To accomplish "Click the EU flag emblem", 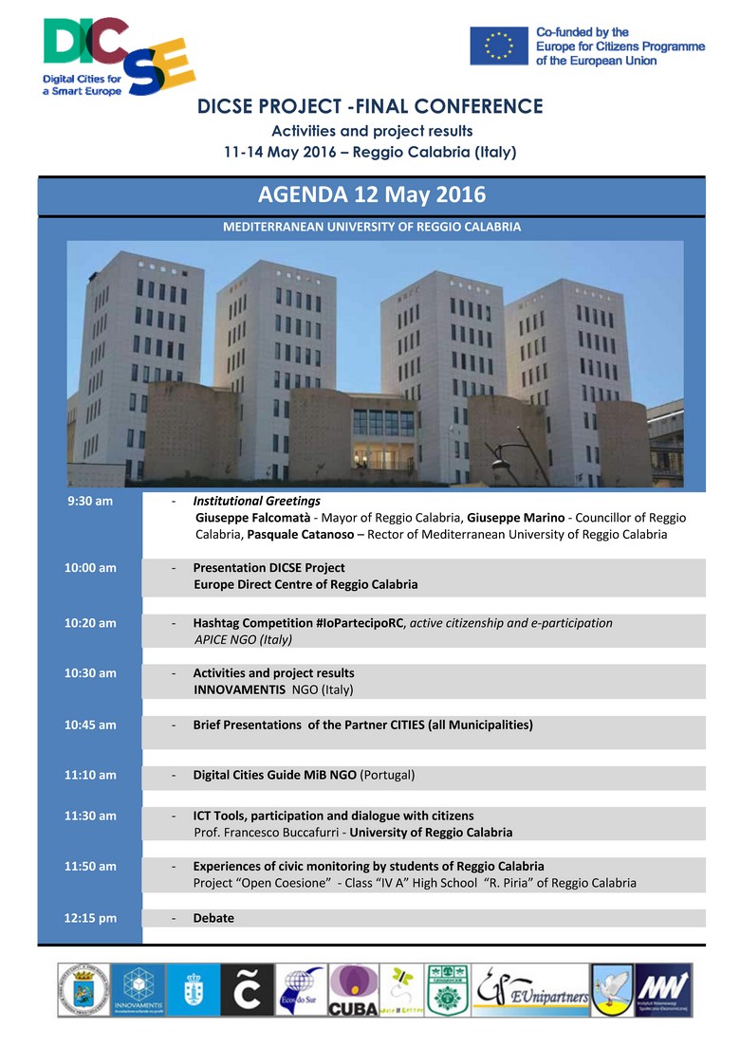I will [499, 45].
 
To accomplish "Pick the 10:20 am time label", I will [90, 623].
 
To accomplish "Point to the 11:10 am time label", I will [90, 775].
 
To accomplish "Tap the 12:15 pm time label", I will [90, 918].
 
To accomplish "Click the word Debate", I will [213, 918].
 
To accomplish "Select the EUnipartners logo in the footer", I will [530, 990].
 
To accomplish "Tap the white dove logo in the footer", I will [612, 990].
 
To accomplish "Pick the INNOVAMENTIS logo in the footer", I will [138, 990].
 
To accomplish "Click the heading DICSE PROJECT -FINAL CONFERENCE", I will [370, 106].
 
